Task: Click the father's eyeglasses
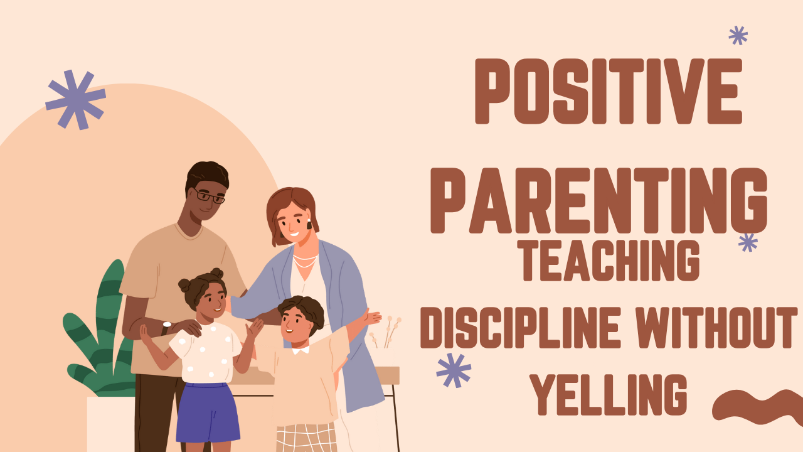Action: click(x=209, y=196)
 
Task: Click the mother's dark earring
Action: click(x=308, y=224)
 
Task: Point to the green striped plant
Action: click(x=100, y=339)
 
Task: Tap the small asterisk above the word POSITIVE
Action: click(x=738, y=35)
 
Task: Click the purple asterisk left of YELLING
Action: click(x=454, y=370)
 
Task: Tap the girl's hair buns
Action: click(x=199, y=279)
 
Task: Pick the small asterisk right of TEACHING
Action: click(x=748, y=242)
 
